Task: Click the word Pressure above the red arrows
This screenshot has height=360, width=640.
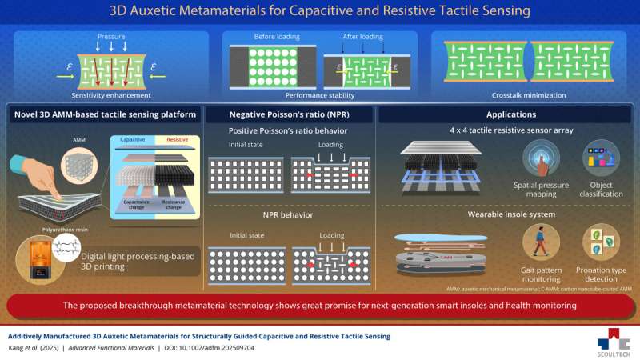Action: (110, 37)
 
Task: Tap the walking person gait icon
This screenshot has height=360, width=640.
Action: (542, 242)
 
